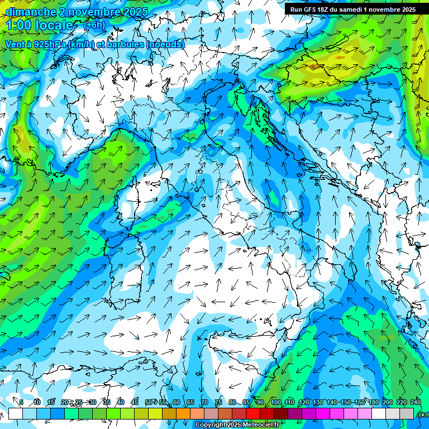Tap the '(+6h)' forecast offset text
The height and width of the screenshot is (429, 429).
pos(94,25)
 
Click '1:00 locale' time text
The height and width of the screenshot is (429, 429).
pos(40,25)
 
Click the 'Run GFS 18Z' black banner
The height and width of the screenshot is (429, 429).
pos(352,9)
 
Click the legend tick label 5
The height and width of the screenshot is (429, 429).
pos(21,402)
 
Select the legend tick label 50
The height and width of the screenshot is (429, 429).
pos(148,402)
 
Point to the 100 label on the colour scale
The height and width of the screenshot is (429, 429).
pos(275,402)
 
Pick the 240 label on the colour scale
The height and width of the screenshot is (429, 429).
pos(416,402)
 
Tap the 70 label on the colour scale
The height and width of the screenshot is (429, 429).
pos(204,402)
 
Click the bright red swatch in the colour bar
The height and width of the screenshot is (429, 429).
pos(254,413)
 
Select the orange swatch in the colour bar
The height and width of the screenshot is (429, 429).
pos(183,413)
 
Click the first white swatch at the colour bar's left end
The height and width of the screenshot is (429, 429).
pos(15,413)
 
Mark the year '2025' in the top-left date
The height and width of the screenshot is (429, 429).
pos(135,12)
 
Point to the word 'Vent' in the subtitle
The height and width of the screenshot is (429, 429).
pos(16,44)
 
